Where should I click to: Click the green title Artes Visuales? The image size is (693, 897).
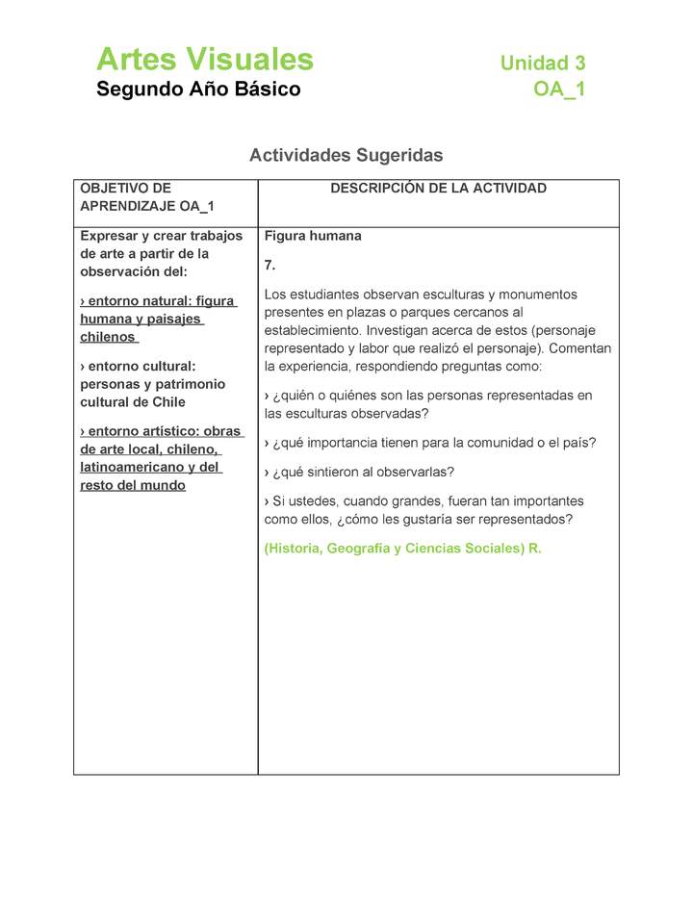pyautogui.click(x=205, y=60)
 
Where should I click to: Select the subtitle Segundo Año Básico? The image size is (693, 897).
pyautogui.click(x=198, y=90)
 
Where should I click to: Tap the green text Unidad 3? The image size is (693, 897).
pyautogui.click(x=542, y=64)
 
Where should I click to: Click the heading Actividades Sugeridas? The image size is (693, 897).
pyautogui.click(x=346, y=155)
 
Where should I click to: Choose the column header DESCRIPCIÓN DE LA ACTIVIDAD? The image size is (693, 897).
pyautogui.click(x=438, y=189)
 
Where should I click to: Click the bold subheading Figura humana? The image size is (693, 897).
pyautogui.click(x=313, y=236)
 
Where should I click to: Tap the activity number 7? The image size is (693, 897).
pyautogui.click(x=270, y=265)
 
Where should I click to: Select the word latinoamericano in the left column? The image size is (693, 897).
pyautogui.click(x=130, y=467)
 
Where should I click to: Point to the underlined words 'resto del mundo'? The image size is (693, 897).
pyautogui.click(x=133, y=485)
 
